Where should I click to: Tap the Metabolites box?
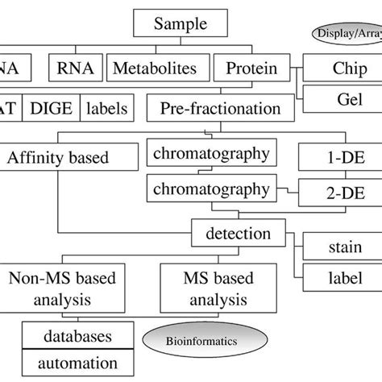156,69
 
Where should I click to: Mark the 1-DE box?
338,156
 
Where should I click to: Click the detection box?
238,235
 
